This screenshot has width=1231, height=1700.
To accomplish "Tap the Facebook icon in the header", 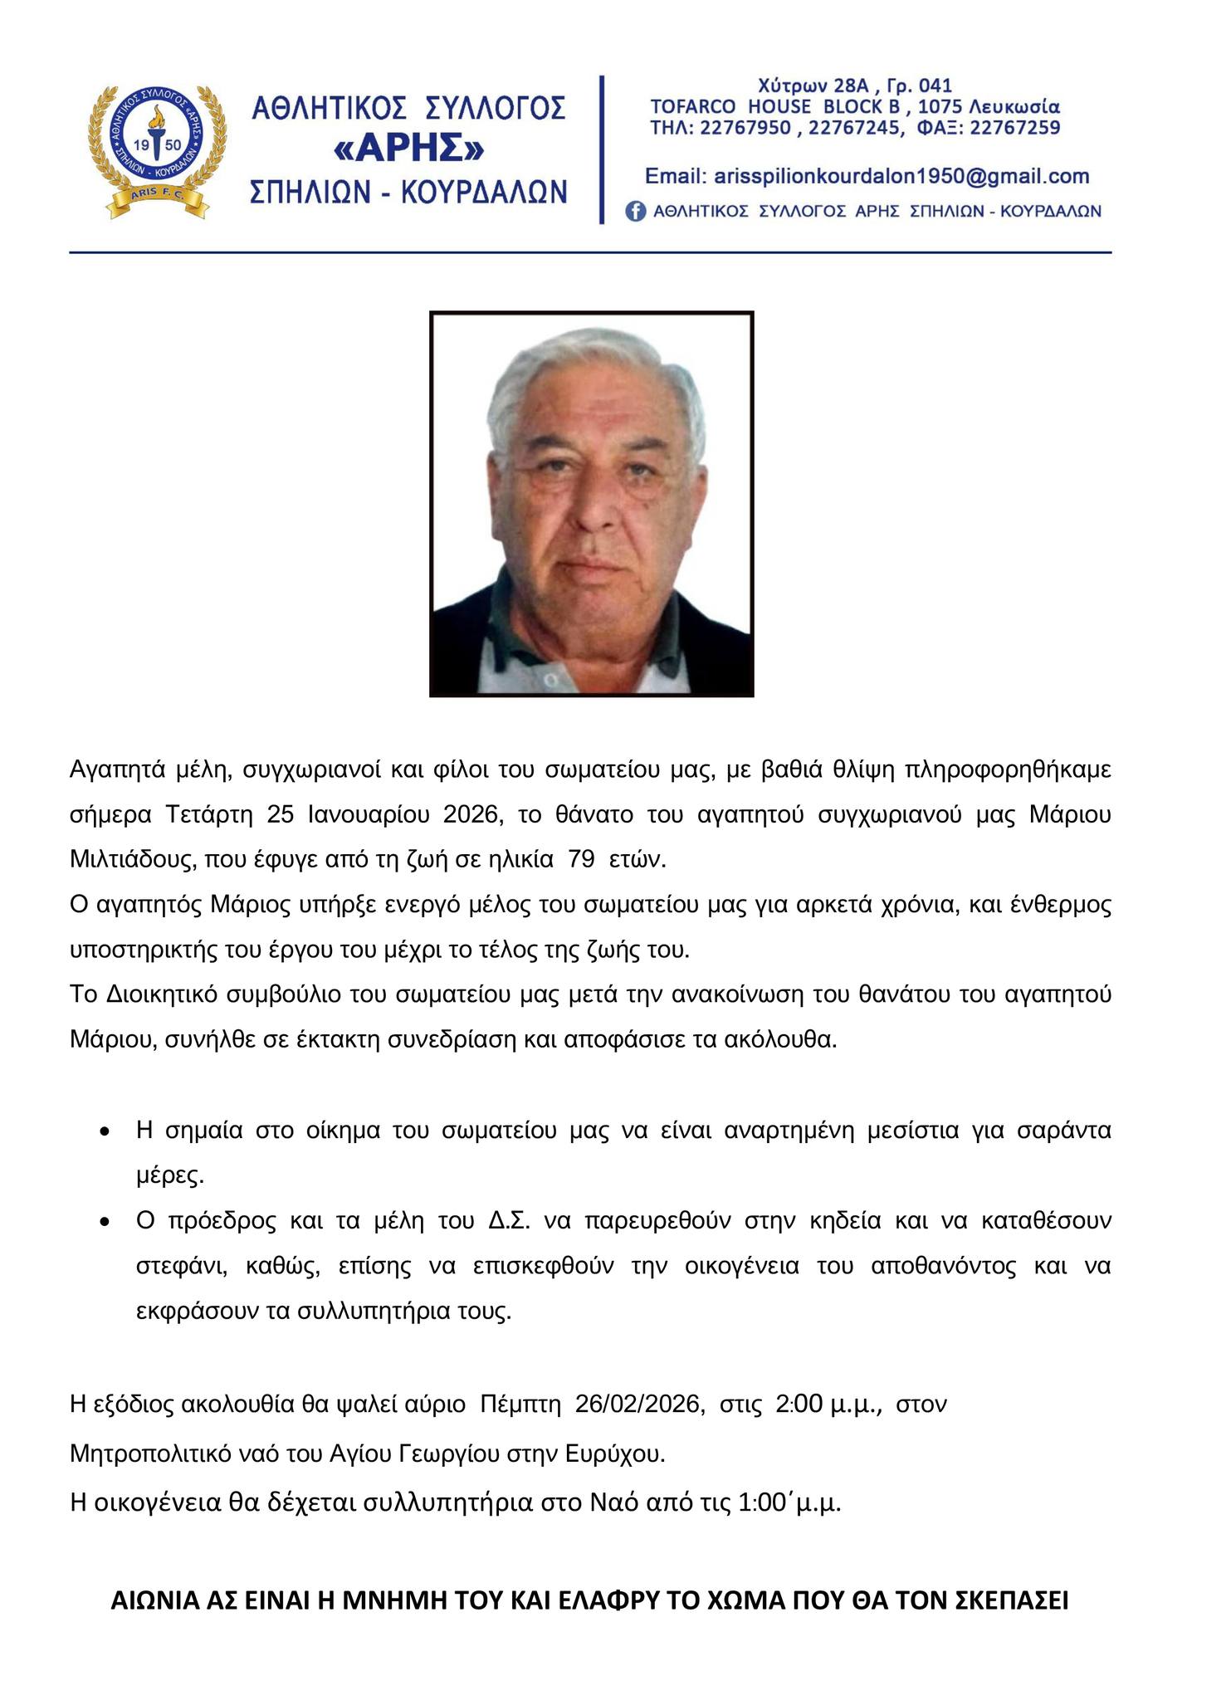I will pos(635,212).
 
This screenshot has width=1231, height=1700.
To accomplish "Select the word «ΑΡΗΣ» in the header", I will pos(408,149).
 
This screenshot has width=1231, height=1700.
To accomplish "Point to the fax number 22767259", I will pos(1014,129).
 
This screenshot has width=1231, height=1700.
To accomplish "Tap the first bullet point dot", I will pos(104,1131).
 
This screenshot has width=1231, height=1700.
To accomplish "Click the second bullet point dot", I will pos(104,1223).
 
